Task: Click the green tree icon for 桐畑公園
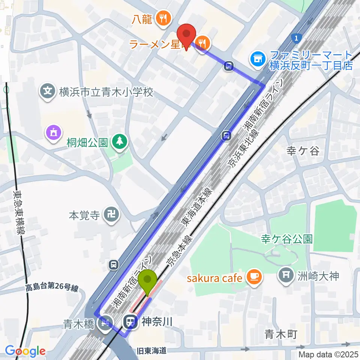coord(120,141)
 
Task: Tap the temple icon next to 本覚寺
coord(111,216)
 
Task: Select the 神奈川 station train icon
coord(130,321)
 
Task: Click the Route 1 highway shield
coord(297,38)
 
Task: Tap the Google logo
coord(25,351)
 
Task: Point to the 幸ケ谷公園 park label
coord(287,239)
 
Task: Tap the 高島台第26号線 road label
coord(52,288)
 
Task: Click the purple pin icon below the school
coord(52,133)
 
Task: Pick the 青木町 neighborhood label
coord(280,333)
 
